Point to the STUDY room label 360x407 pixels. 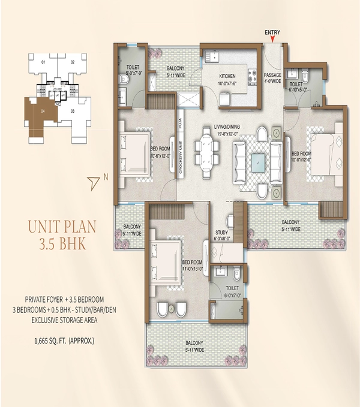(x=221, y=235)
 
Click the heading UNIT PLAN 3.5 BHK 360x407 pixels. (x=62, y=235)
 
